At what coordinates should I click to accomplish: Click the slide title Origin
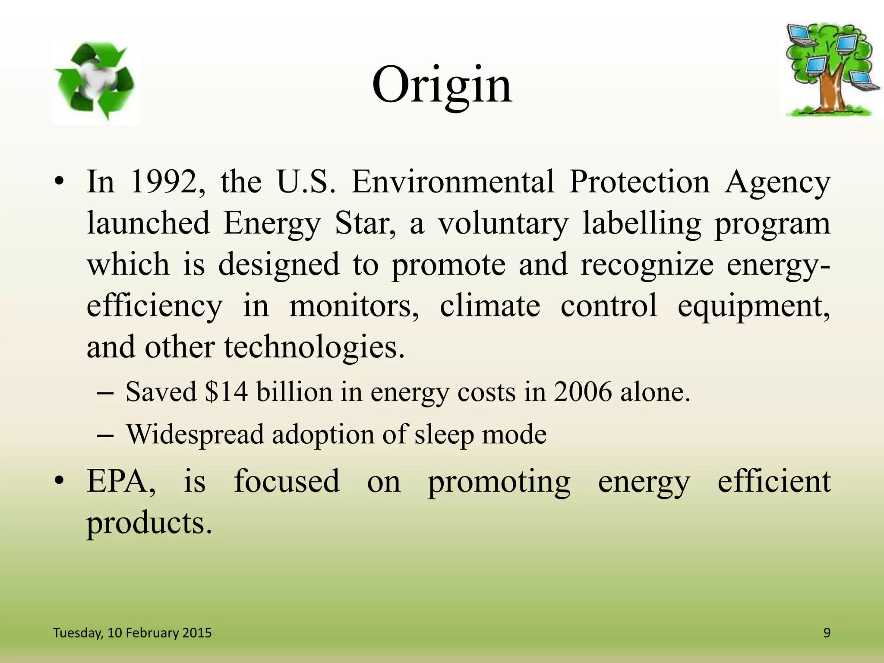tap(442, 85)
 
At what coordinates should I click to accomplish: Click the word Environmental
tap(453, 182)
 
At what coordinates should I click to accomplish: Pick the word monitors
tap(354, 306)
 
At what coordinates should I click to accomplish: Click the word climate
tap(490, 306)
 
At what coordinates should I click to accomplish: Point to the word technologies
tap(314, 348)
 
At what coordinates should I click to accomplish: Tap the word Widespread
tap(195, 434)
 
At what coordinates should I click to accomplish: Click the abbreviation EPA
tap(121, 481)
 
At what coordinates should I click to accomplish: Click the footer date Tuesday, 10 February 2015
tap(132, 633)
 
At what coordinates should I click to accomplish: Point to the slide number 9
tap(827, 633)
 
